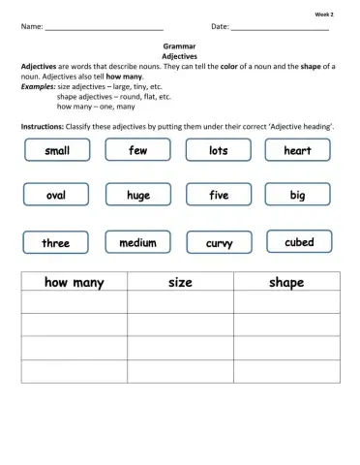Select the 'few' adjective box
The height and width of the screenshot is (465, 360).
(x=137, y=150)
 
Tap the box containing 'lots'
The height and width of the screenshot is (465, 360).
(x=219, y=150)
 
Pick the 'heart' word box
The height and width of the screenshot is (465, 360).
(x=297, y=150)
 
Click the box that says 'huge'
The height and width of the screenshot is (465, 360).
(x=137, y=195)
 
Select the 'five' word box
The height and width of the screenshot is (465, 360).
(x=219, y=195)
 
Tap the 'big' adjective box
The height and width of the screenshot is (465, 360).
(x=297, y=195)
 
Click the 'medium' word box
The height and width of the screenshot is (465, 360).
(x=137, y=242)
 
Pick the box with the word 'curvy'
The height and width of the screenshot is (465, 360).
(x=219, y=242)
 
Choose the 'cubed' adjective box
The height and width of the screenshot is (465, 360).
(x=298, y=241)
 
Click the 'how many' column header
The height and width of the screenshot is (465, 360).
(x=74, y=282)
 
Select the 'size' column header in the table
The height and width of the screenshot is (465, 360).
(x=180, y=282)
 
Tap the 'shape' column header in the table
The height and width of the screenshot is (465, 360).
(x=286, y=282)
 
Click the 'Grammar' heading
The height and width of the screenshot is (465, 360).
(x=180, y=46)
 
